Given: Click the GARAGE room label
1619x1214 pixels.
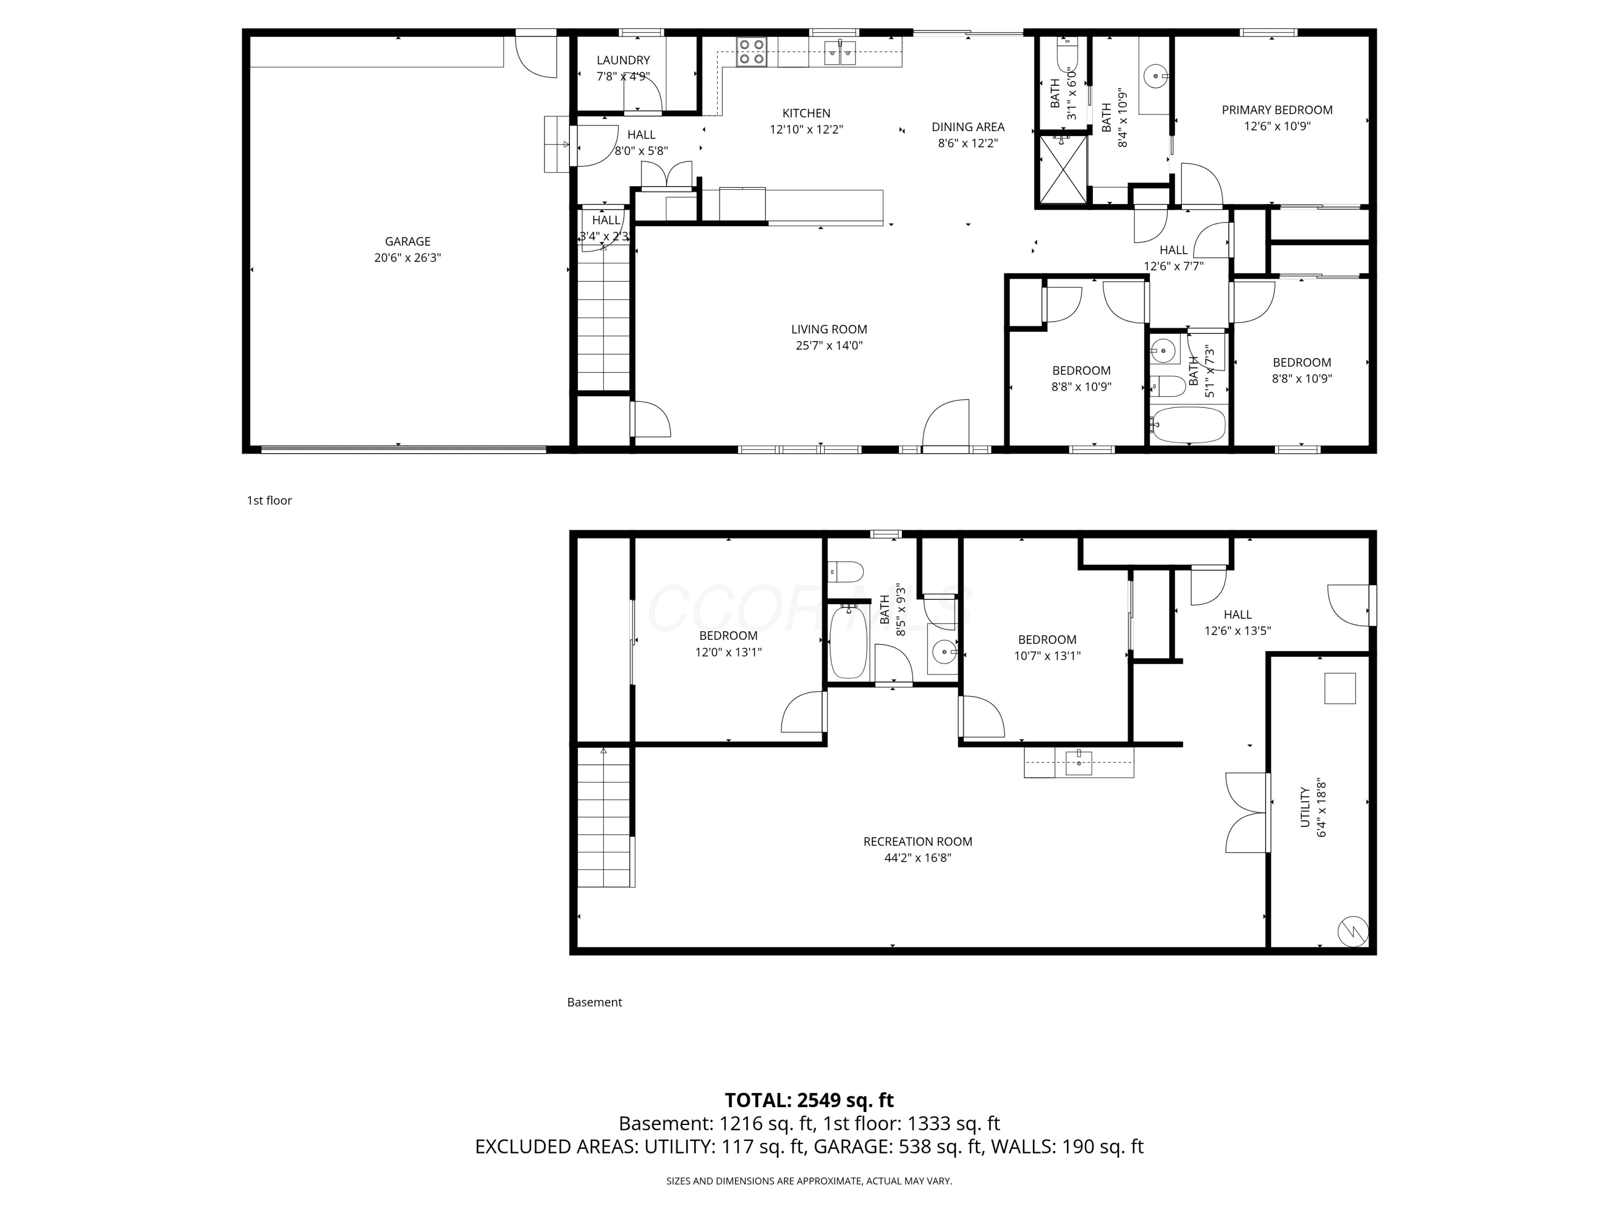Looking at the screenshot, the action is point(407,242).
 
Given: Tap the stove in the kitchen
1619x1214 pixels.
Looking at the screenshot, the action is point(751,52).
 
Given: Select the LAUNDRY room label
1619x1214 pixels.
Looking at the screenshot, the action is point(623,60).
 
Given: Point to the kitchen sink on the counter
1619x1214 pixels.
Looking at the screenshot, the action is point(840,53).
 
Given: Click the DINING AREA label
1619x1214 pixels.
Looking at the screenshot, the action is point(968,127).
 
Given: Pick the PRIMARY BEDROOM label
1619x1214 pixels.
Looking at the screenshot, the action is point(1277,110).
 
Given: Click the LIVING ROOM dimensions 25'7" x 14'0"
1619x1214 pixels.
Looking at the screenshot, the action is point(829,345).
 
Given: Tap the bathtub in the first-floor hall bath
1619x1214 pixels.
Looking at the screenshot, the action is point(1188,425).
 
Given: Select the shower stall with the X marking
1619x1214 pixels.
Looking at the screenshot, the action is point(1063,169).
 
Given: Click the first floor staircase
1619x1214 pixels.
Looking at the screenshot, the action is point(604,318).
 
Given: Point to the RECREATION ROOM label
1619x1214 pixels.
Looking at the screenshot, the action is point(918,842).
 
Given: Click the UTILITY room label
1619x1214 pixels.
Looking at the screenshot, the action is point(1305,807).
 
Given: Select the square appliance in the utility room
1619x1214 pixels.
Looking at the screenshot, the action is point(1340,688).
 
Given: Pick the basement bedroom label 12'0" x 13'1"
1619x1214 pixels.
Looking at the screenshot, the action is point(728,652).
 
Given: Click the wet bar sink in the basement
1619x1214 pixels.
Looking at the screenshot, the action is point(1079,762).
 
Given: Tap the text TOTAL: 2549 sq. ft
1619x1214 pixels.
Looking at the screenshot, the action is point(809,1100).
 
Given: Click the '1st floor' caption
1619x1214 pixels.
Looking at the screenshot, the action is point(269,501).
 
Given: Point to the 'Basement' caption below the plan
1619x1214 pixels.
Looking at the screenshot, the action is point(594,1002).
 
